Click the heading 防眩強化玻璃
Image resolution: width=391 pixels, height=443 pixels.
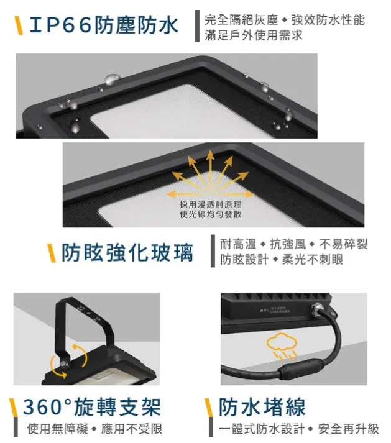127,253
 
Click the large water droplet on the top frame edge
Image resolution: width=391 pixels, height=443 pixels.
113,79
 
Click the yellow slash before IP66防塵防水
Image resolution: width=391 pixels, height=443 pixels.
19,26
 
